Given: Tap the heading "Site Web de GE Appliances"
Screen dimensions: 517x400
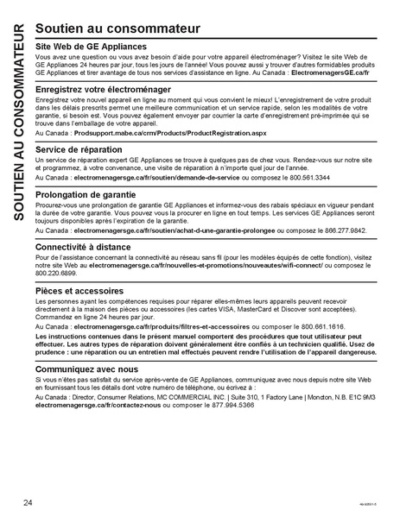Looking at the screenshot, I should click(91, 46).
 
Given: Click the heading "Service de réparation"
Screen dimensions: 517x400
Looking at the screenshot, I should click(79, 149).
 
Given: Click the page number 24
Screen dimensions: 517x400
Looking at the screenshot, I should click(29, 502).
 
